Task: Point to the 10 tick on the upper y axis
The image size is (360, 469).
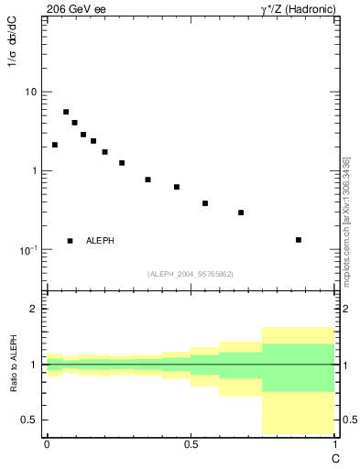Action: pos(30,92)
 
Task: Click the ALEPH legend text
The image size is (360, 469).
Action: pos(100,241)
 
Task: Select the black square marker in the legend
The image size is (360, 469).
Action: pos(70,241)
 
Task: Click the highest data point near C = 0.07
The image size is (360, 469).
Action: pos(66,112)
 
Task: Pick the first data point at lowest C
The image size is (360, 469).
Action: pos(55,145)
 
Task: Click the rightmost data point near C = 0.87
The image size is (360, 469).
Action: pos(299,240)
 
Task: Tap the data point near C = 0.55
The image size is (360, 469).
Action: pos(205,203)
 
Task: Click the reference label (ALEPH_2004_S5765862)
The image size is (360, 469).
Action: pos(191,274)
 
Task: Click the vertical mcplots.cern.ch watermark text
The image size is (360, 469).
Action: pos(346,220)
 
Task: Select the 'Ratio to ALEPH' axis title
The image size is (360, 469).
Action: pos(15,364)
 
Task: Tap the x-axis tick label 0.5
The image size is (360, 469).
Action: pos(191,444)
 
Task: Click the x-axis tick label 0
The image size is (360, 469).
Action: pos(47,444)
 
